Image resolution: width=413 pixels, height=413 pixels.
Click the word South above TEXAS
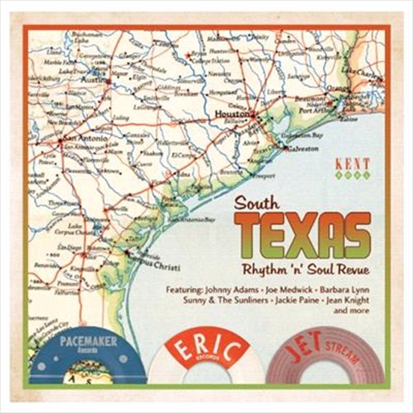tap(257, 202)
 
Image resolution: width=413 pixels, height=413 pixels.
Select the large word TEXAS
tap(302, 235)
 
